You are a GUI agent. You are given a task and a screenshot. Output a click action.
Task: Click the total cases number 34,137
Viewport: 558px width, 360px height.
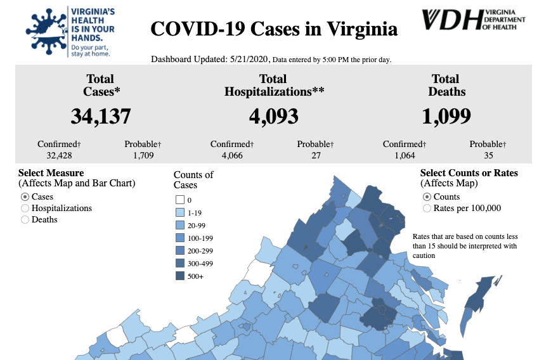101,117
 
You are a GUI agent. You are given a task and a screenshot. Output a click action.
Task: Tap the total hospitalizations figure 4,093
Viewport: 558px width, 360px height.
273,117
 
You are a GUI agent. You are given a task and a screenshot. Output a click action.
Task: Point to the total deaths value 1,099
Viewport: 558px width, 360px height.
446,117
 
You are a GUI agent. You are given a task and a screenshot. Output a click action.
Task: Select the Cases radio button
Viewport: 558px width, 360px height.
25,196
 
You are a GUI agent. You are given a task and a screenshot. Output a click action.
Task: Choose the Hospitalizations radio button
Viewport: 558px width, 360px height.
25,208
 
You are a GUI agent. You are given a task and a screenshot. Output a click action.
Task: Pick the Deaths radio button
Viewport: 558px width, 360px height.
25,219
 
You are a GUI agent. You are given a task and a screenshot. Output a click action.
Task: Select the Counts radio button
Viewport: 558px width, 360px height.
427,196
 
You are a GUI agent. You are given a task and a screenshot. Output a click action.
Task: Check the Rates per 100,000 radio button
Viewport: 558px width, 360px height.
427,208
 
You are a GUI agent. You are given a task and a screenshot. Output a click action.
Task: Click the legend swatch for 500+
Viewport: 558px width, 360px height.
179,276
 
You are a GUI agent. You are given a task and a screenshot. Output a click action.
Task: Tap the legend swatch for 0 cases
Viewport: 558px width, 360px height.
179,200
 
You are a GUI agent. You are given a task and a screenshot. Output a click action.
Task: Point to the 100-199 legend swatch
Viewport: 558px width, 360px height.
179,238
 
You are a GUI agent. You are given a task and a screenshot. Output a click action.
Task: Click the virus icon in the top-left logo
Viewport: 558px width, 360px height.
44,30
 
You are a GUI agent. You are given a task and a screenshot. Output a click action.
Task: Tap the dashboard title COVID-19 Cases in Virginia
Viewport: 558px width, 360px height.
274,29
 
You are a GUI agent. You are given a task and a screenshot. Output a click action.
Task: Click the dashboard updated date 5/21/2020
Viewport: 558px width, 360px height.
248,60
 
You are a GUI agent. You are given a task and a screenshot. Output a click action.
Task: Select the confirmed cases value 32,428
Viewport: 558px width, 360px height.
59,155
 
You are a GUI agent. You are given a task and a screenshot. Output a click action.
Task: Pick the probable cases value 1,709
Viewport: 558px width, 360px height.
140,155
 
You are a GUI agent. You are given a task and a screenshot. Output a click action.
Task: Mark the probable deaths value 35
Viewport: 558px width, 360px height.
488,155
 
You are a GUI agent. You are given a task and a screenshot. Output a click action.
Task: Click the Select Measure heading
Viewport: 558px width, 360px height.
51,173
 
